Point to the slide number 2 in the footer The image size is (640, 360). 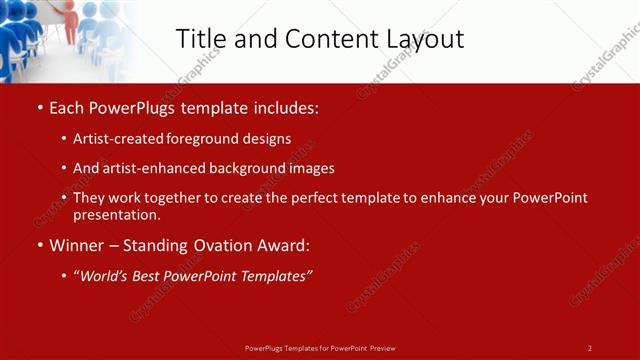[x=589, y=348]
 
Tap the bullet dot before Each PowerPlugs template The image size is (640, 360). [x=38, y=106]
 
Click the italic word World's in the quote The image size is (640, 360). [x=107, y=276]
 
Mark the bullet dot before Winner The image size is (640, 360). [x=38, y=244]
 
